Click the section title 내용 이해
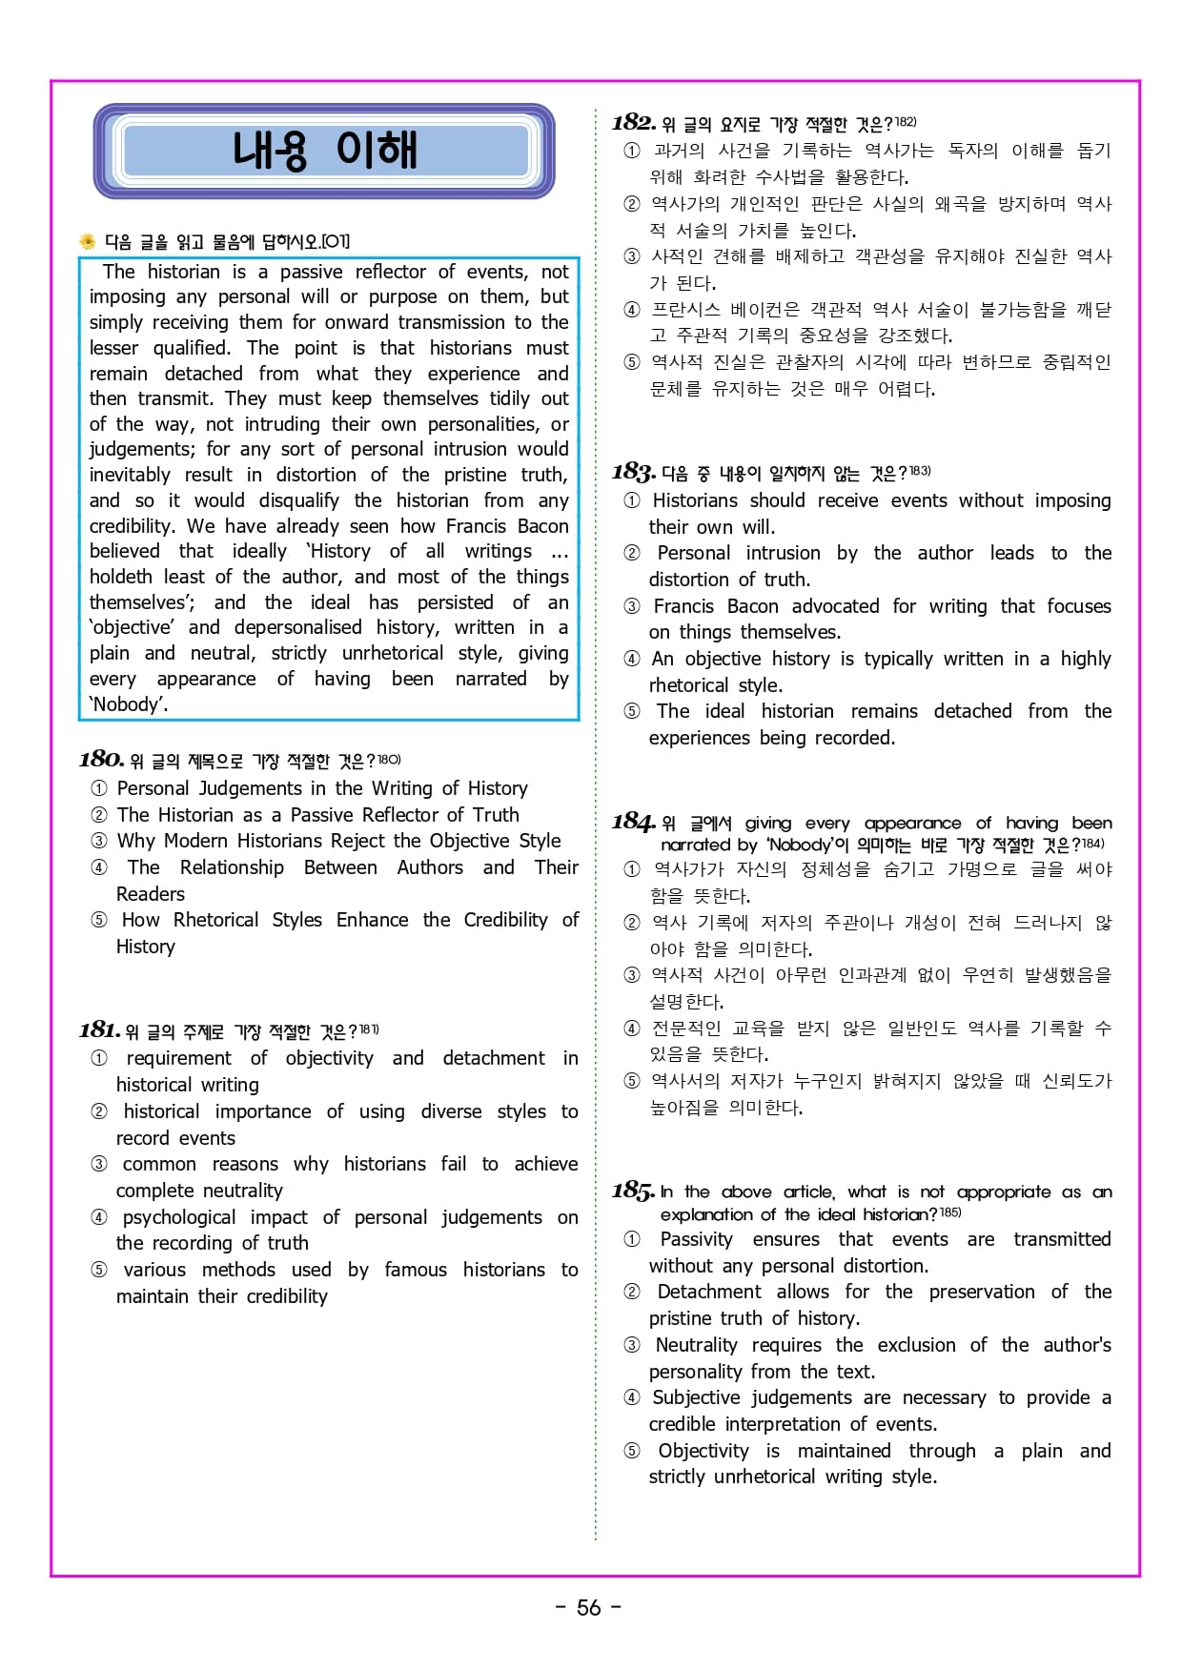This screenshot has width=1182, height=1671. tap(324, 151)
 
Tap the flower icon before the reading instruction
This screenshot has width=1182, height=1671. tap(88, 241)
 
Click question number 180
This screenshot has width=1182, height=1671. tap(102, 759)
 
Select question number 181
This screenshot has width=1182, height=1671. tap(100, 1029)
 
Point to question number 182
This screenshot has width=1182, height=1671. tap(634, 122)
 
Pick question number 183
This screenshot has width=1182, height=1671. tap(634, 472)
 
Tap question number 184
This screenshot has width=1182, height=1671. tap(634, 822)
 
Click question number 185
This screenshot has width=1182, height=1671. tap(634, 1191)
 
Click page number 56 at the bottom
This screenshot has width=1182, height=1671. tap(589, 1608)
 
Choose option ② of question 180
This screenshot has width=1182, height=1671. tap(99, 815)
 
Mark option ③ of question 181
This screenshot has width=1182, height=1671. tap(99, 1164)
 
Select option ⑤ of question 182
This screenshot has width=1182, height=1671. tap(632, 362)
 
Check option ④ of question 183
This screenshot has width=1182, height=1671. tap(632, 659)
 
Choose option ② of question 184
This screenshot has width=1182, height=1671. tap(632, 923)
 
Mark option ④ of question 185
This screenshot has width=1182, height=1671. tap(632, 1397)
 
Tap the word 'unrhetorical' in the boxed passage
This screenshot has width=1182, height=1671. tap(393, 653)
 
